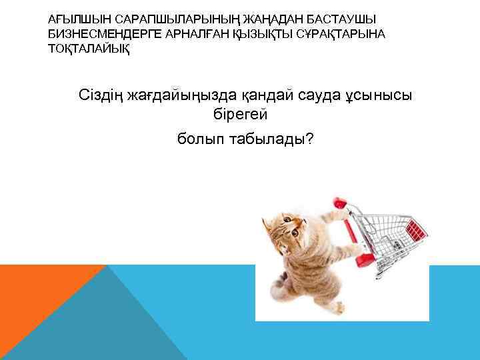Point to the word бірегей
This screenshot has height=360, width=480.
click(239, 115)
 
